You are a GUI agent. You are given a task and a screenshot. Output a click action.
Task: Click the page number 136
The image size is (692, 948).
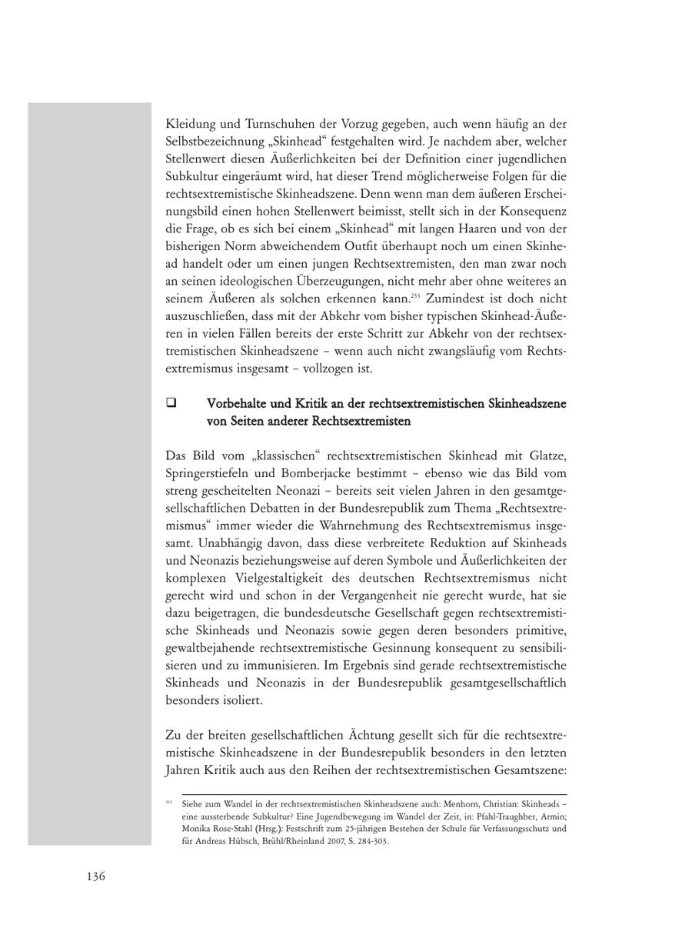pyautogui.click(x=95, y=876)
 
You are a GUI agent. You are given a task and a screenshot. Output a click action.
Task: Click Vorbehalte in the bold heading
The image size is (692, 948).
pyautogui.click(x=236, y=402)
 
